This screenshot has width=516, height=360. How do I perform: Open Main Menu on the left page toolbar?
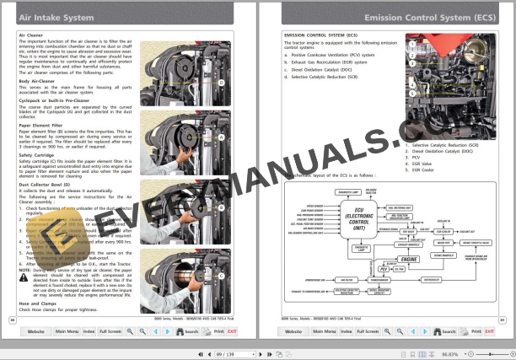67,332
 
